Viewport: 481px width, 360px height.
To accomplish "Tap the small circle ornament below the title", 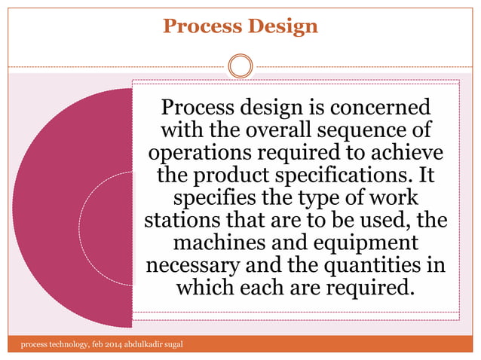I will pyautogui.click(x=240, y=66).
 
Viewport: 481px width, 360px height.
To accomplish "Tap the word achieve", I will pyautogui.click(x=400, y=153).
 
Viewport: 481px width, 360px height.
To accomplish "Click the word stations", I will pyautogui.click(x=178, y=223).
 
